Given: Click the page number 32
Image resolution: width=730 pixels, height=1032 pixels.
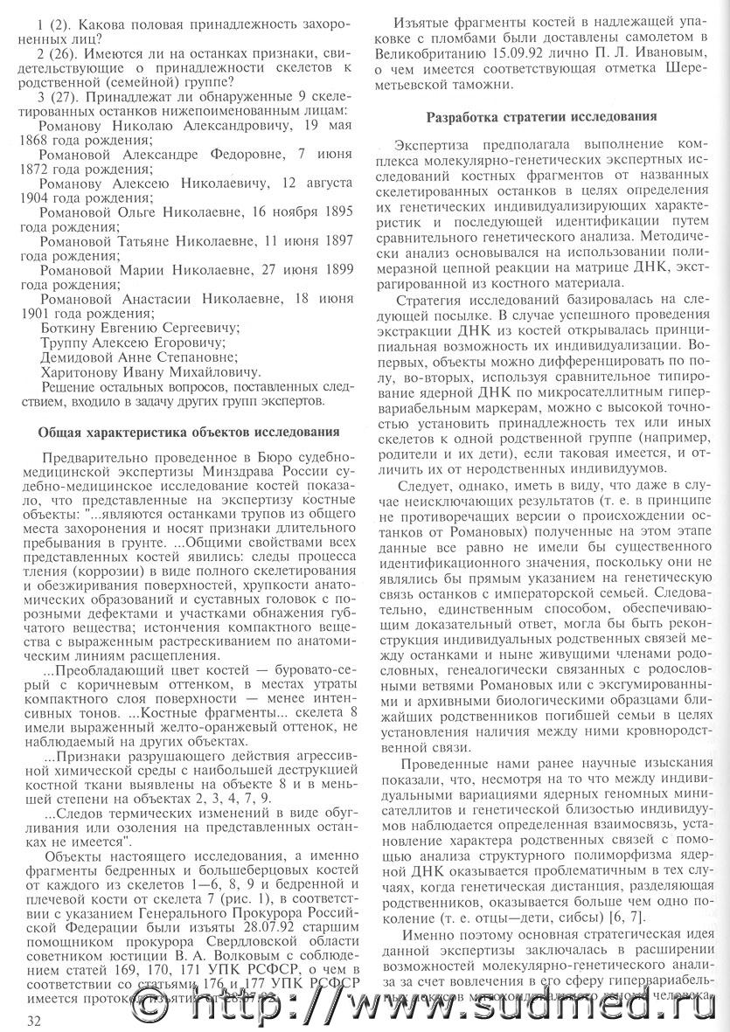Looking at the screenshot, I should pos(36,1020).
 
